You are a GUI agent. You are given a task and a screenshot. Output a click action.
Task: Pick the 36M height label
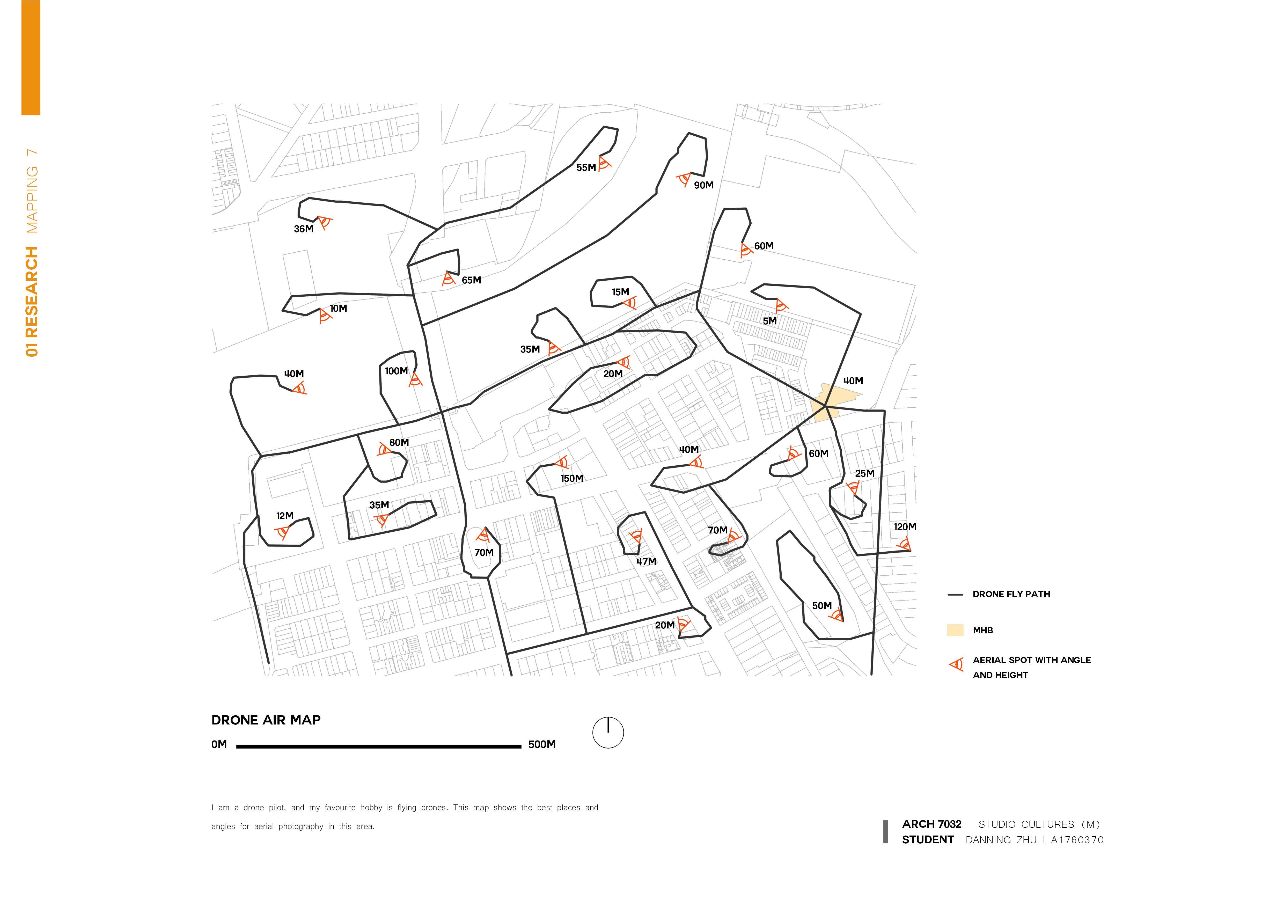tap(304, 229)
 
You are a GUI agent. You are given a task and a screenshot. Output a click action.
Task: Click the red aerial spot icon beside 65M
tap(448, 279)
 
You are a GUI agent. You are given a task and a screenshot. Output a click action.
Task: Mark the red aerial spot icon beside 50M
tap(837, 615)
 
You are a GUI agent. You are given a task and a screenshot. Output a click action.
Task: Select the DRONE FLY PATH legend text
tap(1011, 594)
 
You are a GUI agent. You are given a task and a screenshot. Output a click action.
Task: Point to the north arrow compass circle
tap(608, 733)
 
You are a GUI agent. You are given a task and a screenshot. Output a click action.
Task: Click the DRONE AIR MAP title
tap(266, 720)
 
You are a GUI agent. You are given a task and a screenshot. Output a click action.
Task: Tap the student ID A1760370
tap(1077, 840)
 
